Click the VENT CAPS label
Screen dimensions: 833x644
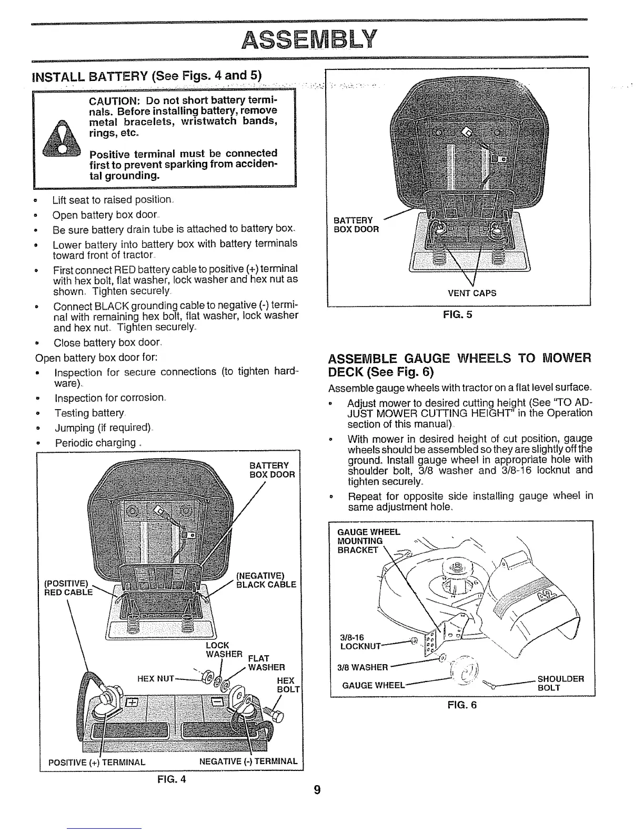coord(471,293)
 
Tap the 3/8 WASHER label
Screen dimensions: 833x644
coord(363,667)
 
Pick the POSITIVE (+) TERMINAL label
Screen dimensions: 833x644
coord(97,761)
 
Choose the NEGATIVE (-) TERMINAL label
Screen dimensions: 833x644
coord(248,761)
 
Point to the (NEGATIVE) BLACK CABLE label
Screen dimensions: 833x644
coord(266,580)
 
